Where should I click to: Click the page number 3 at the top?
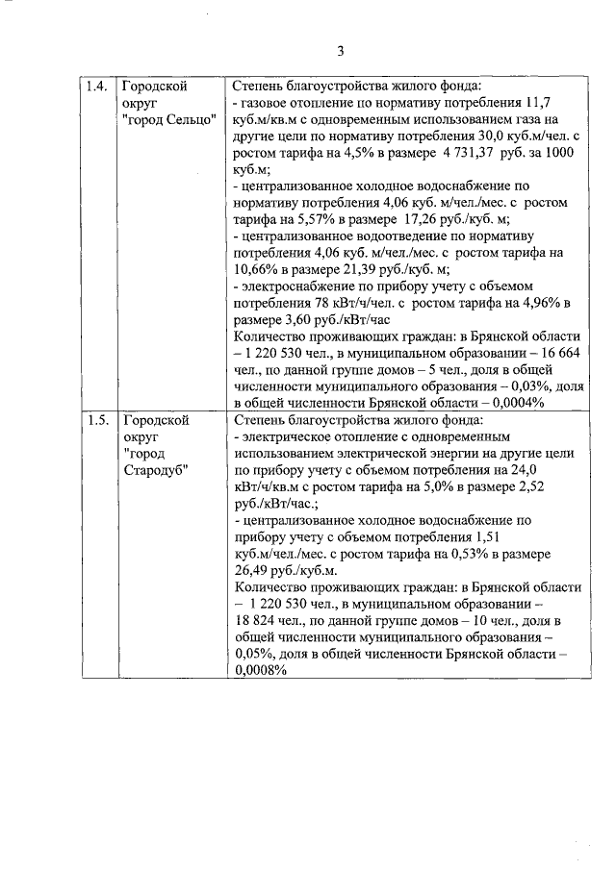(340, 51)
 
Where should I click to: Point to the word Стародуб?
(155, 470)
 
